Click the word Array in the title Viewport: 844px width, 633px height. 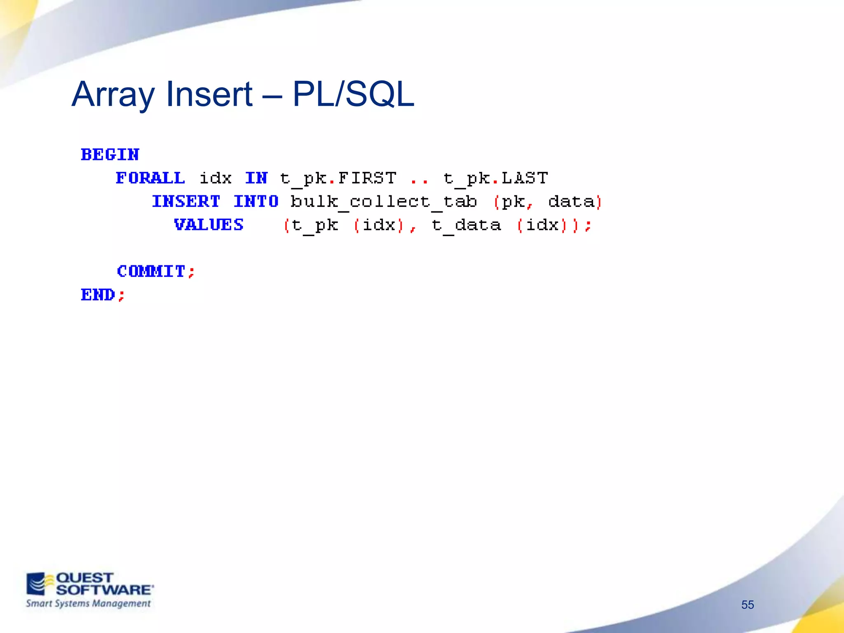coord(113,94)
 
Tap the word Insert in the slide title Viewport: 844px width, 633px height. coord(209,94)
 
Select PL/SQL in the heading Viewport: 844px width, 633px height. coord(353,94)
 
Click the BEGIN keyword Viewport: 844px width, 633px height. coord(110,155)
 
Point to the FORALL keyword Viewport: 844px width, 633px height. coord(150,178)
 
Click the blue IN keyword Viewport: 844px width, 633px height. coord(256,178)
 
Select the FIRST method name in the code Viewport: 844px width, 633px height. coord(367,178)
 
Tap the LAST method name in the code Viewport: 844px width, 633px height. coord(525,178)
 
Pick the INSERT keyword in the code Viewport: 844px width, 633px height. coord(186,202)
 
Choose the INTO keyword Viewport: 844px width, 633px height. coord(256,202)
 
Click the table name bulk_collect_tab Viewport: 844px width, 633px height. coord(384,202)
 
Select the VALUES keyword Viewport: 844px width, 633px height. coord(209,225)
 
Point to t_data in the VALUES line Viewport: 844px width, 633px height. coord(466,225)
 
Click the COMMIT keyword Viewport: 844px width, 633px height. coord(151,271)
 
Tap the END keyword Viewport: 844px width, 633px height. coord(98,295)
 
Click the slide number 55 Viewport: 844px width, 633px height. coord(747,605)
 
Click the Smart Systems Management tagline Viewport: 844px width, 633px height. coord(88,604)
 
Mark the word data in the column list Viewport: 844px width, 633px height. coord(571,202)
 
